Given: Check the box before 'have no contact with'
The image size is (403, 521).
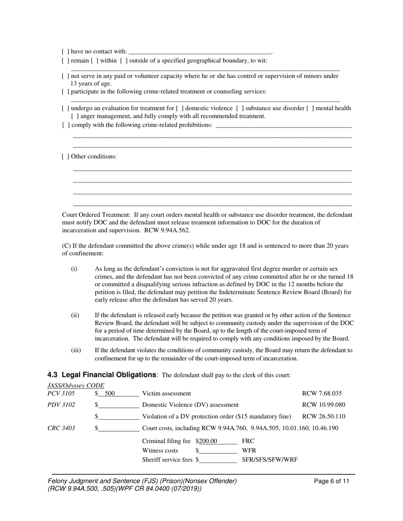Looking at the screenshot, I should click(x=65, y=52).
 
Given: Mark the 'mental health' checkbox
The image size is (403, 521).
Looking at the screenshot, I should click(x=310, y=108).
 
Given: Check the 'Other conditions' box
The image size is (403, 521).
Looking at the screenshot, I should click(x=65, y=157).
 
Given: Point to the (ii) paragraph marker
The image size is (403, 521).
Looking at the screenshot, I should click(x=75, y=316).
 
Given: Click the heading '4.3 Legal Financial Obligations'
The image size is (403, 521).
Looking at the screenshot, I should click(x=102, y=375).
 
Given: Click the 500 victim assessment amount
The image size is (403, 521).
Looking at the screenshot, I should click(x=110, y=394).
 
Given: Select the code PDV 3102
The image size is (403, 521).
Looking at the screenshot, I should click(x=61, y=405).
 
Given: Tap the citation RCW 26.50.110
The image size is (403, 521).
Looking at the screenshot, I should click(x=323, y=416).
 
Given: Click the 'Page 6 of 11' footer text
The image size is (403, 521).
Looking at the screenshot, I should click(x=332, y=481).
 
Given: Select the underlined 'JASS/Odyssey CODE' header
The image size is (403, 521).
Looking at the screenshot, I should click(x=76, y=385).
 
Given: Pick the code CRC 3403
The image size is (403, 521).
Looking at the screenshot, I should click(x=61, y=428).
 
